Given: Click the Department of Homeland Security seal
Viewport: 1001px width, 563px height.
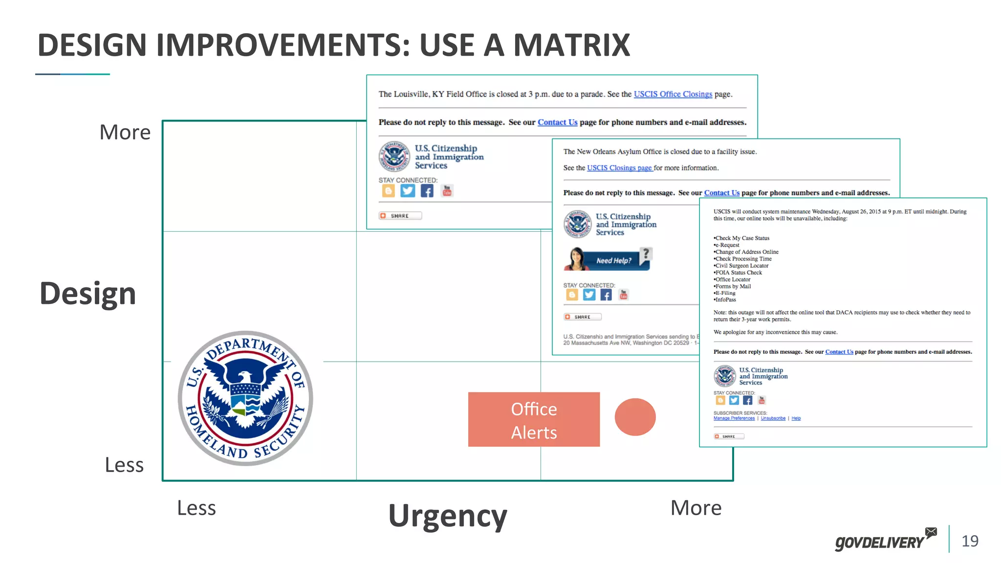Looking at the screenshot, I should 245,398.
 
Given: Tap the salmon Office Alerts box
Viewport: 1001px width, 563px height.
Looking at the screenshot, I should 534,419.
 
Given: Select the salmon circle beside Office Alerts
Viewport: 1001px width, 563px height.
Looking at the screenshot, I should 635,417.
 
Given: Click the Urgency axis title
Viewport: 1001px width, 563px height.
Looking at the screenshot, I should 448,516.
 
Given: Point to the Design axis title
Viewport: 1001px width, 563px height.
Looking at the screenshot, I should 88,294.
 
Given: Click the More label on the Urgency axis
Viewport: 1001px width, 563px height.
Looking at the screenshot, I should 696,508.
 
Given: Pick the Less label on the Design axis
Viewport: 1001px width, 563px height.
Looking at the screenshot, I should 124,465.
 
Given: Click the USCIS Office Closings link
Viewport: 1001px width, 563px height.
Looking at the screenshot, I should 673,94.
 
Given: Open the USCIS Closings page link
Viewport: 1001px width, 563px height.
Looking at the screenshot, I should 619,168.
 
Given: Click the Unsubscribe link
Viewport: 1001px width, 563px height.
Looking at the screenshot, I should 773,418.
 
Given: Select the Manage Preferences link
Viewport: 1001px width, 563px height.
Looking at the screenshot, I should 734,418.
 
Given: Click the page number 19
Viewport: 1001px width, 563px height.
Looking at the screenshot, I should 970,541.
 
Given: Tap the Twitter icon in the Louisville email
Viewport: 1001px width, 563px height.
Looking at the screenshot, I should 408,191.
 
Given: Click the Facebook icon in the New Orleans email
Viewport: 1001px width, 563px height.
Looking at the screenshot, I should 606,295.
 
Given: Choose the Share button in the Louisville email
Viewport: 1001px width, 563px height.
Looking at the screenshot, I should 400,216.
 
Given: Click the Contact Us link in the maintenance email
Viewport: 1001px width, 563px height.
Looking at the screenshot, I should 839,352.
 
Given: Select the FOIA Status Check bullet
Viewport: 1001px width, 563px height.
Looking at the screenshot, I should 739,273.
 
